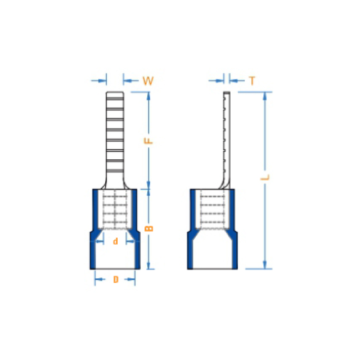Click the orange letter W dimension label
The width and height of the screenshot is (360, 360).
[148, 81]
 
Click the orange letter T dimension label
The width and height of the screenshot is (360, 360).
[252, 81]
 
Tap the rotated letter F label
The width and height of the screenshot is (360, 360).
[148, 141]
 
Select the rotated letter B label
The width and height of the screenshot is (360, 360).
[148, 228]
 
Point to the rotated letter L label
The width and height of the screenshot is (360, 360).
[265, 177]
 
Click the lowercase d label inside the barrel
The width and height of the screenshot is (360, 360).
[115, 241]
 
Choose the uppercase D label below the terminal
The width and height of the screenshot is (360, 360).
[116, 280]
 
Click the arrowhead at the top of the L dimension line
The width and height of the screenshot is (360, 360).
[265, 96]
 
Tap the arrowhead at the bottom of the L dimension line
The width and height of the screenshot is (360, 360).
[265, 265]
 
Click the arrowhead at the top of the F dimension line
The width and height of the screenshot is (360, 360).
[148, 96]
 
